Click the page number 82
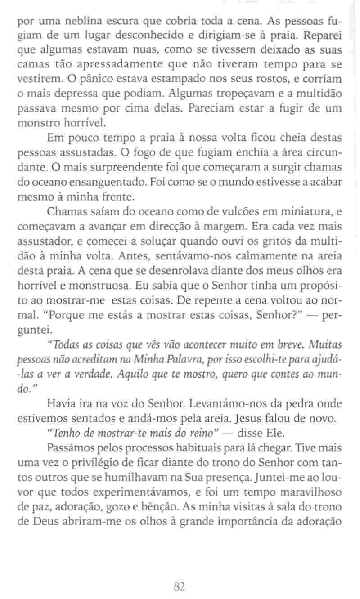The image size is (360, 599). point(179,586)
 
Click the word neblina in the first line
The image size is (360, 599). point(69,22)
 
